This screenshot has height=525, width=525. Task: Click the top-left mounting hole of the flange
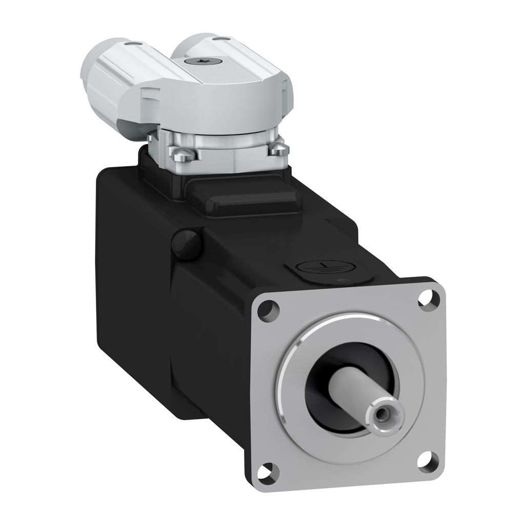268,311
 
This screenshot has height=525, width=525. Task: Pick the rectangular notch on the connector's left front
147,94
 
